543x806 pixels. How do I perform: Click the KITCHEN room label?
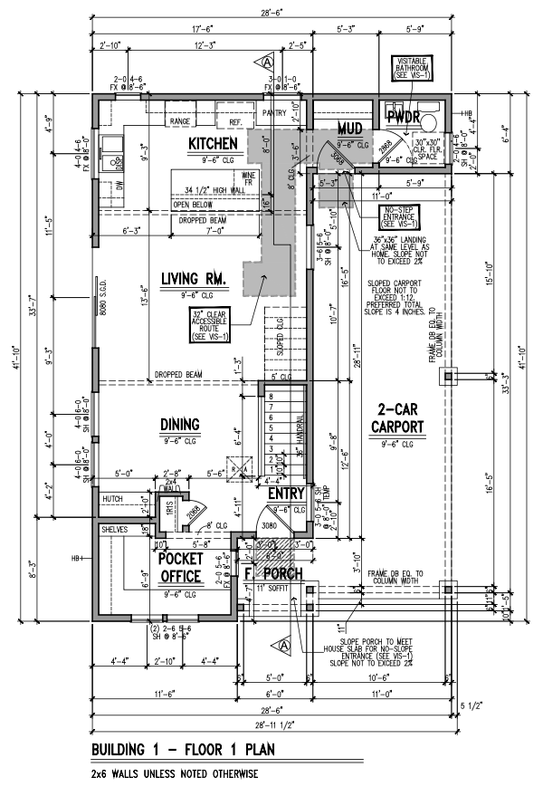click(213, 144)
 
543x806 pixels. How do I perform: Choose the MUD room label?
click(349, 127)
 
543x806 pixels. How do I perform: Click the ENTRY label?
click(285, 493)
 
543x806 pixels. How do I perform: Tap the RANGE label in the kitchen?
click(179, 120)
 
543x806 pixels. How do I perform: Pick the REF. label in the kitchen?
click(235, 120)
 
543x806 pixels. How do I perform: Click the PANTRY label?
click(274, 113)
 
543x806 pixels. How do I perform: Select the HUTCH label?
click(113, 498)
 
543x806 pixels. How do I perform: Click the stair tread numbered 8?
click(268, 395)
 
